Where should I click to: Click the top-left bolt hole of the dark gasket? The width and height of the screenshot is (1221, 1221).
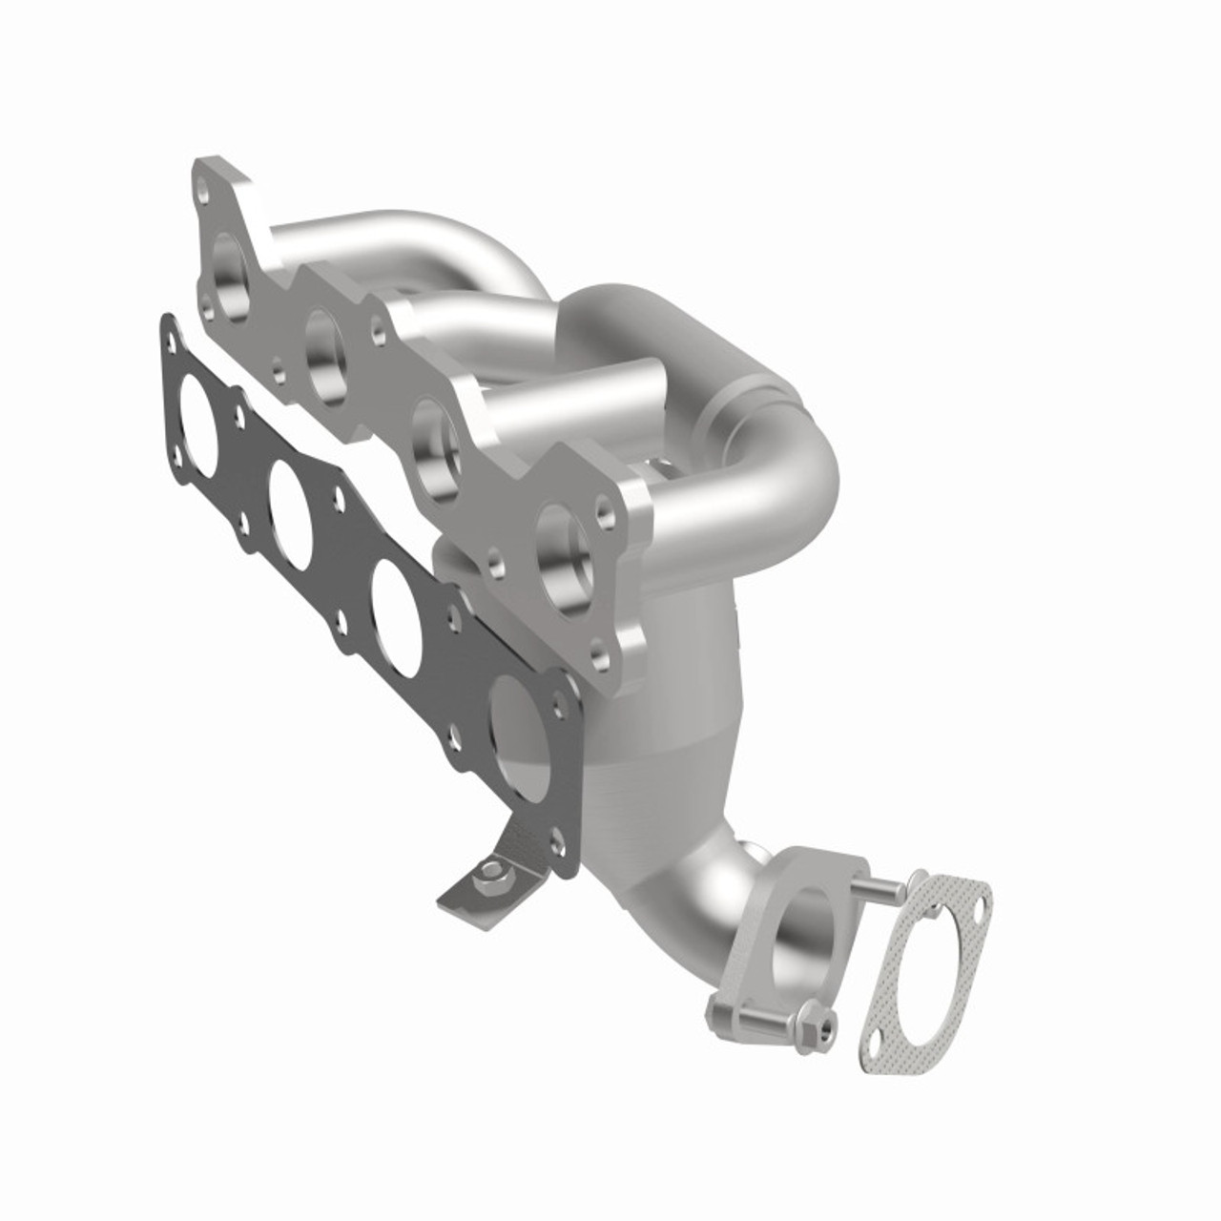(x=173, y=334)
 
